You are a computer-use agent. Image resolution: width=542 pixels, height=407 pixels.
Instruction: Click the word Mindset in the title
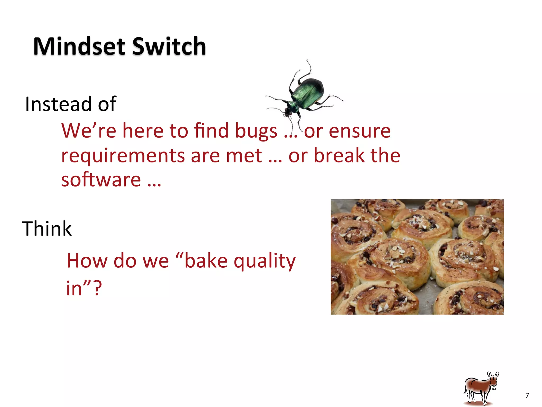point(79,46)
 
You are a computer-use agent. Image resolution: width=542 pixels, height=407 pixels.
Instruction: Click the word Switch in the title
point(169,46)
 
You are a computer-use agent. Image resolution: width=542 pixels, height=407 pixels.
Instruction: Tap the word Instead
point(58,104)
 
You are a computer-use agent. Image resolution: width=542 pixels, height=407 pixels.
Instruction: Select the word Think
point(47,228)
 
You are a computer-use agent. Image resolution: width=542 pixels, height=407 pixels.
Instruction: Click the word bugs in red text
point(256,131)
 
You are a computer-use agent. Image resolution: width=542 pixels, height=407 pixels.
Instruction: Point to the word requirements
point(123,156)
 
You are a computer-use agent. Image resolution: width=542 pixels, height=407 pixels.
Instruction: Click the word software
point(101,180)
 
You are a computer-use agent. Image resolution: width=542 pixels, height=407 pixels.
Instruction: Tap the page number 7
point(527,395)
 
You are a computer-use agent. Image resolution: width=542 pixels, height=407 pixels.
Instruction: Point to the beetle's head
point(288,112)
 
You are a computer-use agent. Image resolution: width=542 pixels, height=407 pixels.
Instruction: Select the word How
point(87,261)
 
